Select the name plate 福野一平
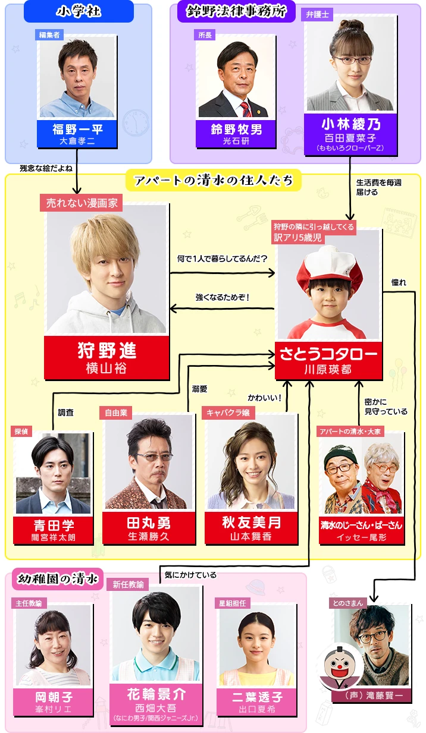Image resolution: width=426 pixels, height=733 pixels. (x=77, y=134)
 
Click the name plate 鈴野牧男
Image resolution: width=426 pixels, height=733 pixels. (x=236, y=133)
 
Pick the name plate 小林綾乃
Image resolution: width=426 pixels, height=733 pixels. (x=350, y=130)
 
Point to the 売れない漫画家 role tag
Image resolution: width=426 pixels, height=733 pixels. (x=82, y=203)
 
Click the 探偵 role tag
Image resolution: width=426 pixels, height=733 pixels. (x=22, y=431)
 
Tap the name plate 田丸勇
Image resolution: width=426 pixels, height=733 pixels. (x=148, y=527)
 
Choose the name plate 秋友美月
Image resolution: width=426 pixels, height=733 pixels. (x=250, y=527)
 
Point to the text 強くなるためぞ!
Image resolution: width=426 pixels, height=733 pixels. (x=222, y=297)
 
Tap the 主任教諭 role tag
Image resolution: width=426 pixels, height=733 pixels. (x=30, y=603)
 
